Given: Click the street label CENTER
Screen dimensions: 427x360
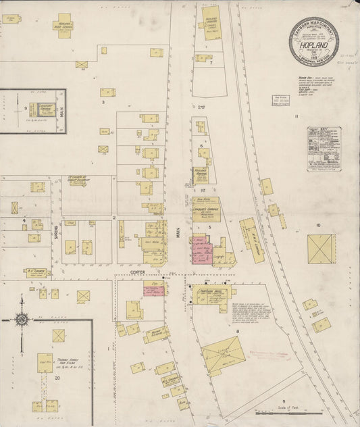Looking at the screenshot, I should pos(138,272).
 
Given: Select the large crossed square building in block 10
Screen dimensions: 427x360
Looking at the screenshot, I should pos(321,249).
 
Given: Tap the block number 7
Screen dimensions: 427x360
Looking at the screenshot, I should pos(211,63).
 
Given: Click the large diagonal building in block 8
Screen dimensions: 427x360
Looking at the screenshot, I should pos(224,355).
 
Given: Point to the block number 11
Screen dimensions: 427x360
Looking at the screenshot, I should pos(296,117).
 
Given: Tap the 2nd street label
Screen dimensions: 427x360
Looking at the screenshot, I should pos(201,107).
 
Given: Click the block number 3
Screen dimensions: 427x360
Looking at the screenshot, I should pos(103,102).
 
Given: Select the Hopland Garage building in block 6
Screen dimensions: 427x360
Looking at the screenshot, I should pos(201,174).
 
